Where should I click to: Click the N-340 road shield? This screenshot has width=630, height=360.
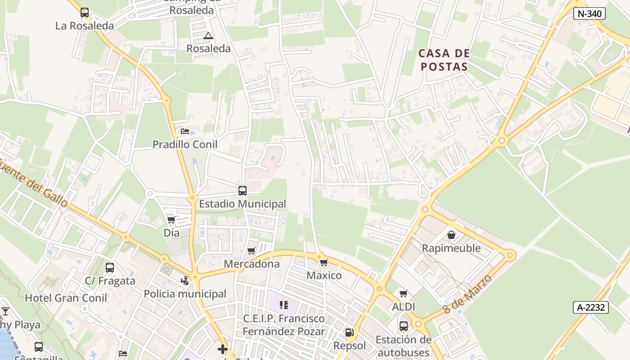589,13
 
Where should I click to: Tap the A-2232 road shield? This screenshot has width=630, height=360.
591,307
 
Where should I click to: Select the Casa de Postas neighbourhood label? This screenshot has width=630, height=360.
444,60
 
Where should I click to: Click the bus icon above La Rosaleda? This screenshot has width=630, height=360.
85,13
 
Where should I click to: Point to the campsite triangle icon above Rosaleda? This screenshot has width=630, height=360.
208,36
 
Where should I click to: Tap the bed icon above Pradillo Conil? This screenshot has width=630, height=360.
185,131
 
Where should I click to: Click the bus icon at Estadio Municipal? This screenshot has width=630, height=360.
243,190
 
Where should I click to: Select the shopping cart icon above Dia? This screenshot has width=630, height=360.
171,220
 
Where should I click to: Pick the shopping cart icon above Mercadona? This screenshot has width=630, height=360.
252,251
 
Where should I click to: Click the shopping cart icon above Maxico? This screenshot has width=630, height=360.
324,262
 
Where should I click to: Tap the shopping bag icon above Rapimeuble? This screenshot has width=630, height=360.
451,235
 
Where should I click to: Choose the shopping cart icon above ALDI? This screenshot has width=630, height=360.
403,294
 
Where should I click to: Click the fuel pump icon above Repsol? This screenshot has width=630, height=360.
349,333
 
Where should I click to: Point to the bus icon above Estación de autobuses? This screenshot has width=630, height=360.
404,326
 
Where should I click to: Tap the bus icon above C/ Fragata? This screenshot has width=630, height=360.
110,268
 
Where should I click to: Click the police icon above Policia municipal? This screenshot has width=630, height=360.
184,281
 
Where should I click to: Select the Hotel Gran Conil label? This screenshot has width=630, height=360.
66,298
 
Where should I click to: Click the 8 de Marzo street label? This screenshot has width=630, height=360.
467,294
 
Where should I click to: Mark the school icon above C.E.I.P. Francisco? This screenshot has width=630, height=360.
283,305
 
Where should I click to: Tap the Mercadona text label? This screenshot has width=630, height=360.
252,264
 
